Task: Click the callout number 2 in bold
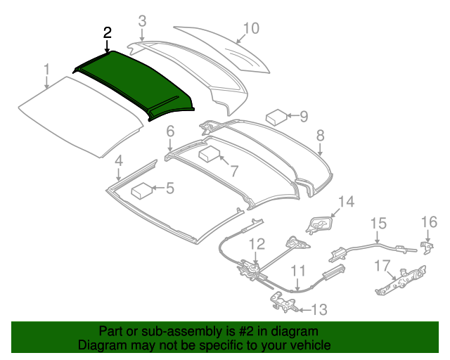point(107,32)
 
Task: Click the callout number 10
point(250,28)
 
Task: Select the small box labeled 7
point(210,155)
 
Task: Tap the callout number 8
point(320,134)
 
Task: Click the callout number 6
point(170,131)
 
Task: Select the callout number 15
point(378,224)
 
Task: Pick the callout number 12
point(256,245)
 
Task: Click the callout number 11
point(298,269)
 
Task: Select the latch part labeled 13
point(283,302)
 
